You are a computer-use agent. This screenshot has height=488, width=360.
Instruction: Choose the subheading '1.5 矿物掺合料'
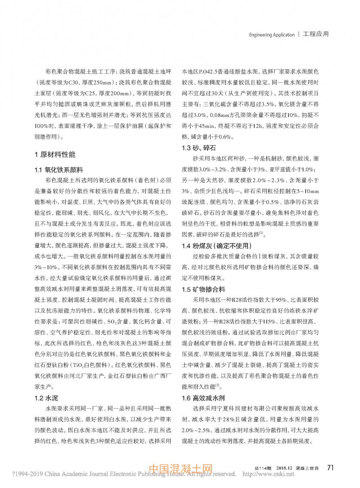click(x=203, y=289)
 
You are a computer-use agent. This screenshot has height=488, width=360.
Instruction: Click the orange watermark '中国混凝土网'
click(x=180, y=470)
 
